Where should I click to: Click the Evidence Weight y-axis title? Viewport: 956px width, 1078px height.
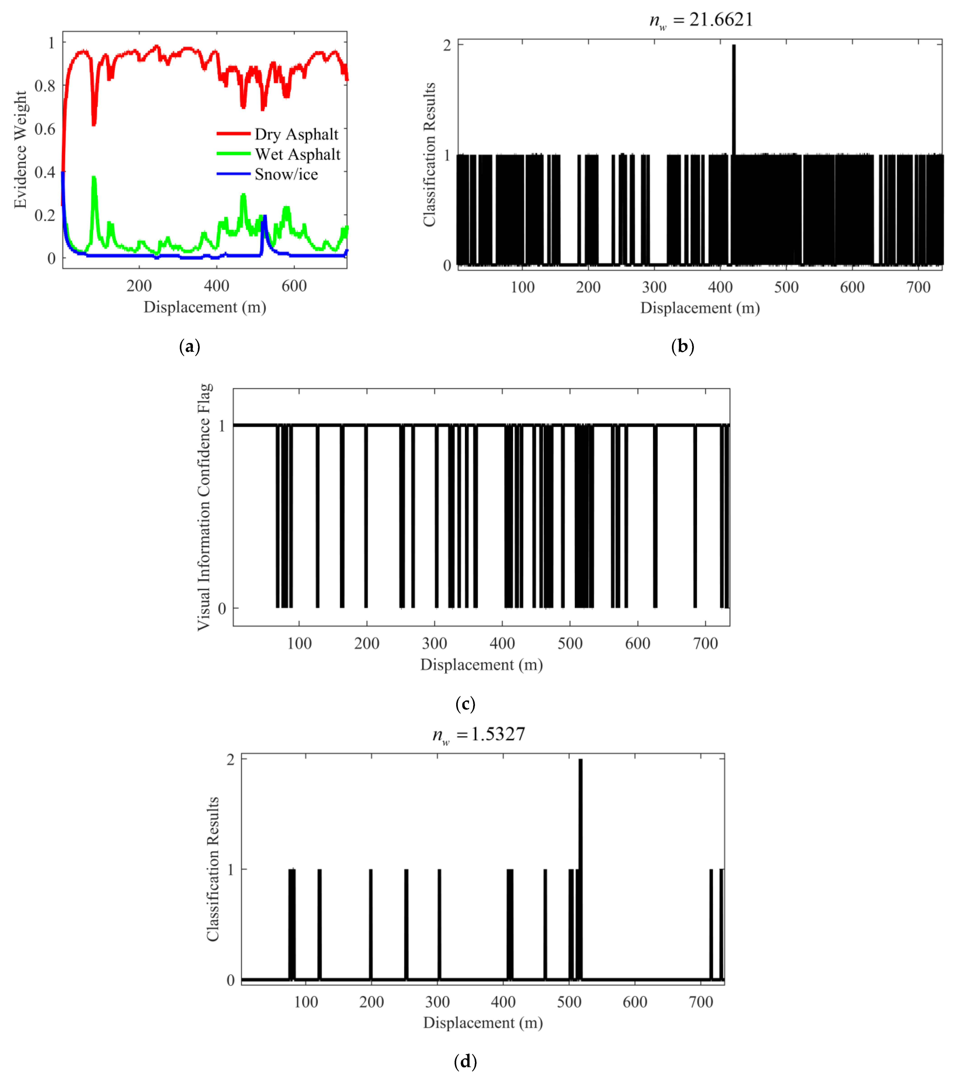pos(20,150)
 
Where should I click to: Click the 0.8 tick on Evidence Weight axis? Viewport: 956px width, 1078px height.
pos(45,86)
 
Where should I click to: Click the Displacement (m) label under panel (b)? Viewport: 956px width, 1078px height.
pos(700,309)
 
